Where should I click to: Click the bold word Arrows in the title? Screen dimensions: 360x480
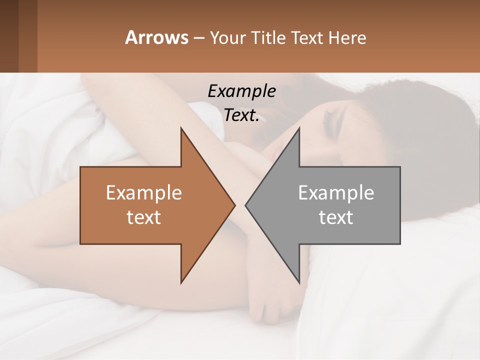click(156, 37)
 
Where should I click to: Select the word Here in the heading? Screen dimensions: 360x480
click(347, 37)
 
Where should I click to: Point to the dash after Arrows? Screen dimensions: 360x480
click(198, 38)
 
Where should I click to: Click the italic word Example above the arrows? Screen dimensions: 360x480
click(241, 91)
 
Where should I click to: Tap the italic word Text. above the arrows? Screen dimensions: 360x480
click(241, 115)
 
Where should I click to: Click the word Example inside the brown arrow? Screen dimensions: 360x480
click(144, 193)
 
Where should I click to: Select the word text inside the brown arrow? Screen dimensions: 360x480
click(144, 217)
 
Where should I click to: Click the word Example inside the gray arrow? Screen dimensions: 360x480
click(336, 193)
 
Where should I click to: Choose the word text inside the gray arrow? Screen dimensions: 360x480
click(336, 217)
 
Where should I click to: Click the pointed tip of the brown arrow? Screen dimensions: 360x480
click(234, 205)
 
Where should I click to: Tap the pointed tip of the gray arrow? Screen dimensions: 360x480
click(246, 205)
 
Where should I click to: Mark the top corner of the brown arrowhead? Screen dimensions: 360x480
click(181, 128)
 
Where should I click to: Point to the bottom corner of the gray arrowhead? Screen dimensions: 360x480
click(299, 283)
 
